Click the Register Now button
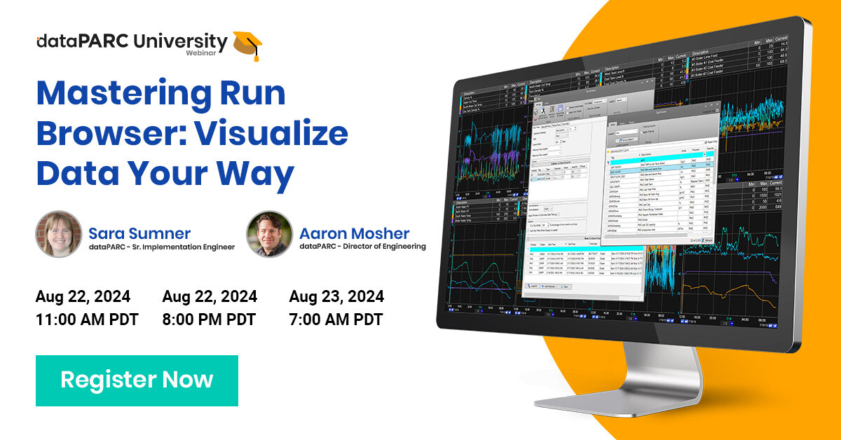click(137, 380)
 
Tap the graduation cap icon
click(247, 44)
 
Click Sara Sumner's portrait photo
click(59, 234)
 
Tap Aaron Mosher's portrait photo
click(270, 234)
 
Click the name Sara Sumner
click(139, 233)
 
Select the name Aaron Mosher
click(355, 233)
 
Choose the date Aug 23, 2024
click(336, 297)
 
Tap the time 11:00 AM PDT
click(87, 320)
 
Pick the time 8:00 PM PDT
click(209, 320)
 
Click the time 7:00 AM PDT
click(336, 320)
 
